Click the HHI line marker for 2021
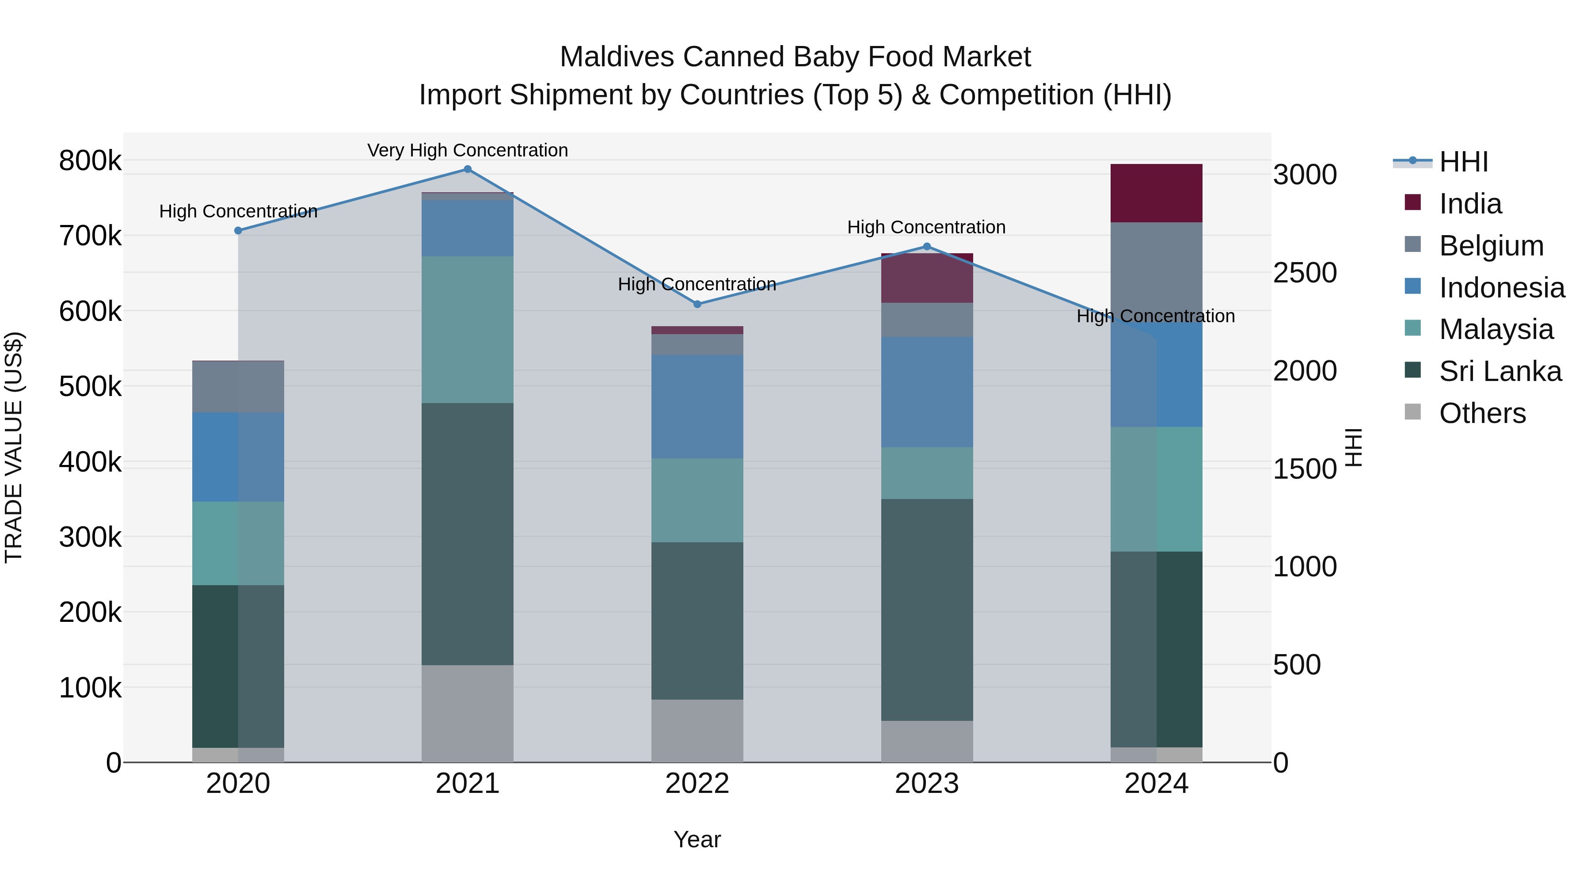[x=468, y=169]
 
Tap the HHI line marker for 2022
[x=697, y=304]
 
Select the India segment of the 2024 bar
[x=1156, y=193]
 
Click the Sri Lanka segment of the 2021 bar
[x=468, y=534]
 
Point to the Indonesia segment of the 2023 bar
[x=926, y=392]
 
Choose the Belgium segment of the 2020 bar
[x=238, y=387]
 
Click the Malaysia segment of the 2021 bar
[x=468, y=330]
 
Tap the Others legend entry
[x=1482, y=413]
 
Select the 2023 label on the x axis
[x=926, y=784]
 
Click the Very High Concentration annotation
[x=468, y=150]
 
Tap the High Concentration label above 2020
[x=238, y=211]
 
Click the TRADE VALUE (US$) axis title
[x=14, y=447]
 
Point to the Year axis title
[x=697, y=839]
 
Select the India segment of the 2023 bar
[x=926, y=278]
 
